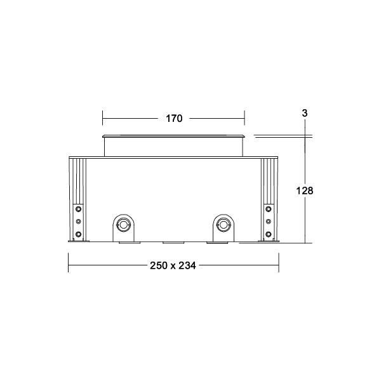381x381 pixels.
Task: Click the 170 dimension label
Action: point(174,119)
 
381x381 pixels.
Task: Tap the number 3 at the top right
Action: point(305,113)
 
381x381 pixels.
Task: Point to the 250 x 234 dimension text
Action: point(173,265)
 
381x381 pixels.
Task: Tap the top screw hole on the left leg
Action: point(78,208)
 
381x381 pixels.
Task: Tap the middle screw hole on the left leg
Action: point(78,222)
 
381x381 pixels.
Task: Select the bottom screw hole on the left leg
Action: point(78,234)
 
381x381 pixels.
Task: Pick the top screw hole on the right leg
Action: point(269,208)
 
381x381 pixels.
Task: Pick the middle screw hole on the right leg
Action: point(269,222)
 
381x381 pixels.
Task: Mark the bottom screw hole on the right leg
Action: point(269,234)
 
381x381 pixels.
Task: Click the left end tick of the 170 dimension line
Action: point(103,119)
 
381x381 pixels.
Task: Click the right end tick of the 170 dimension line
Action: point(244,119)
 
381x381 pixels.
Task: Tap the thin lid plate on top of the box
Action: point(173,136)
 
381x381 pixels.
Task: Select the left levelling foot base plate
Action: point(77,242)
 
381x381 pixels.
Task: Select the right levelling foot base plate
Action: point(269,242)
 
